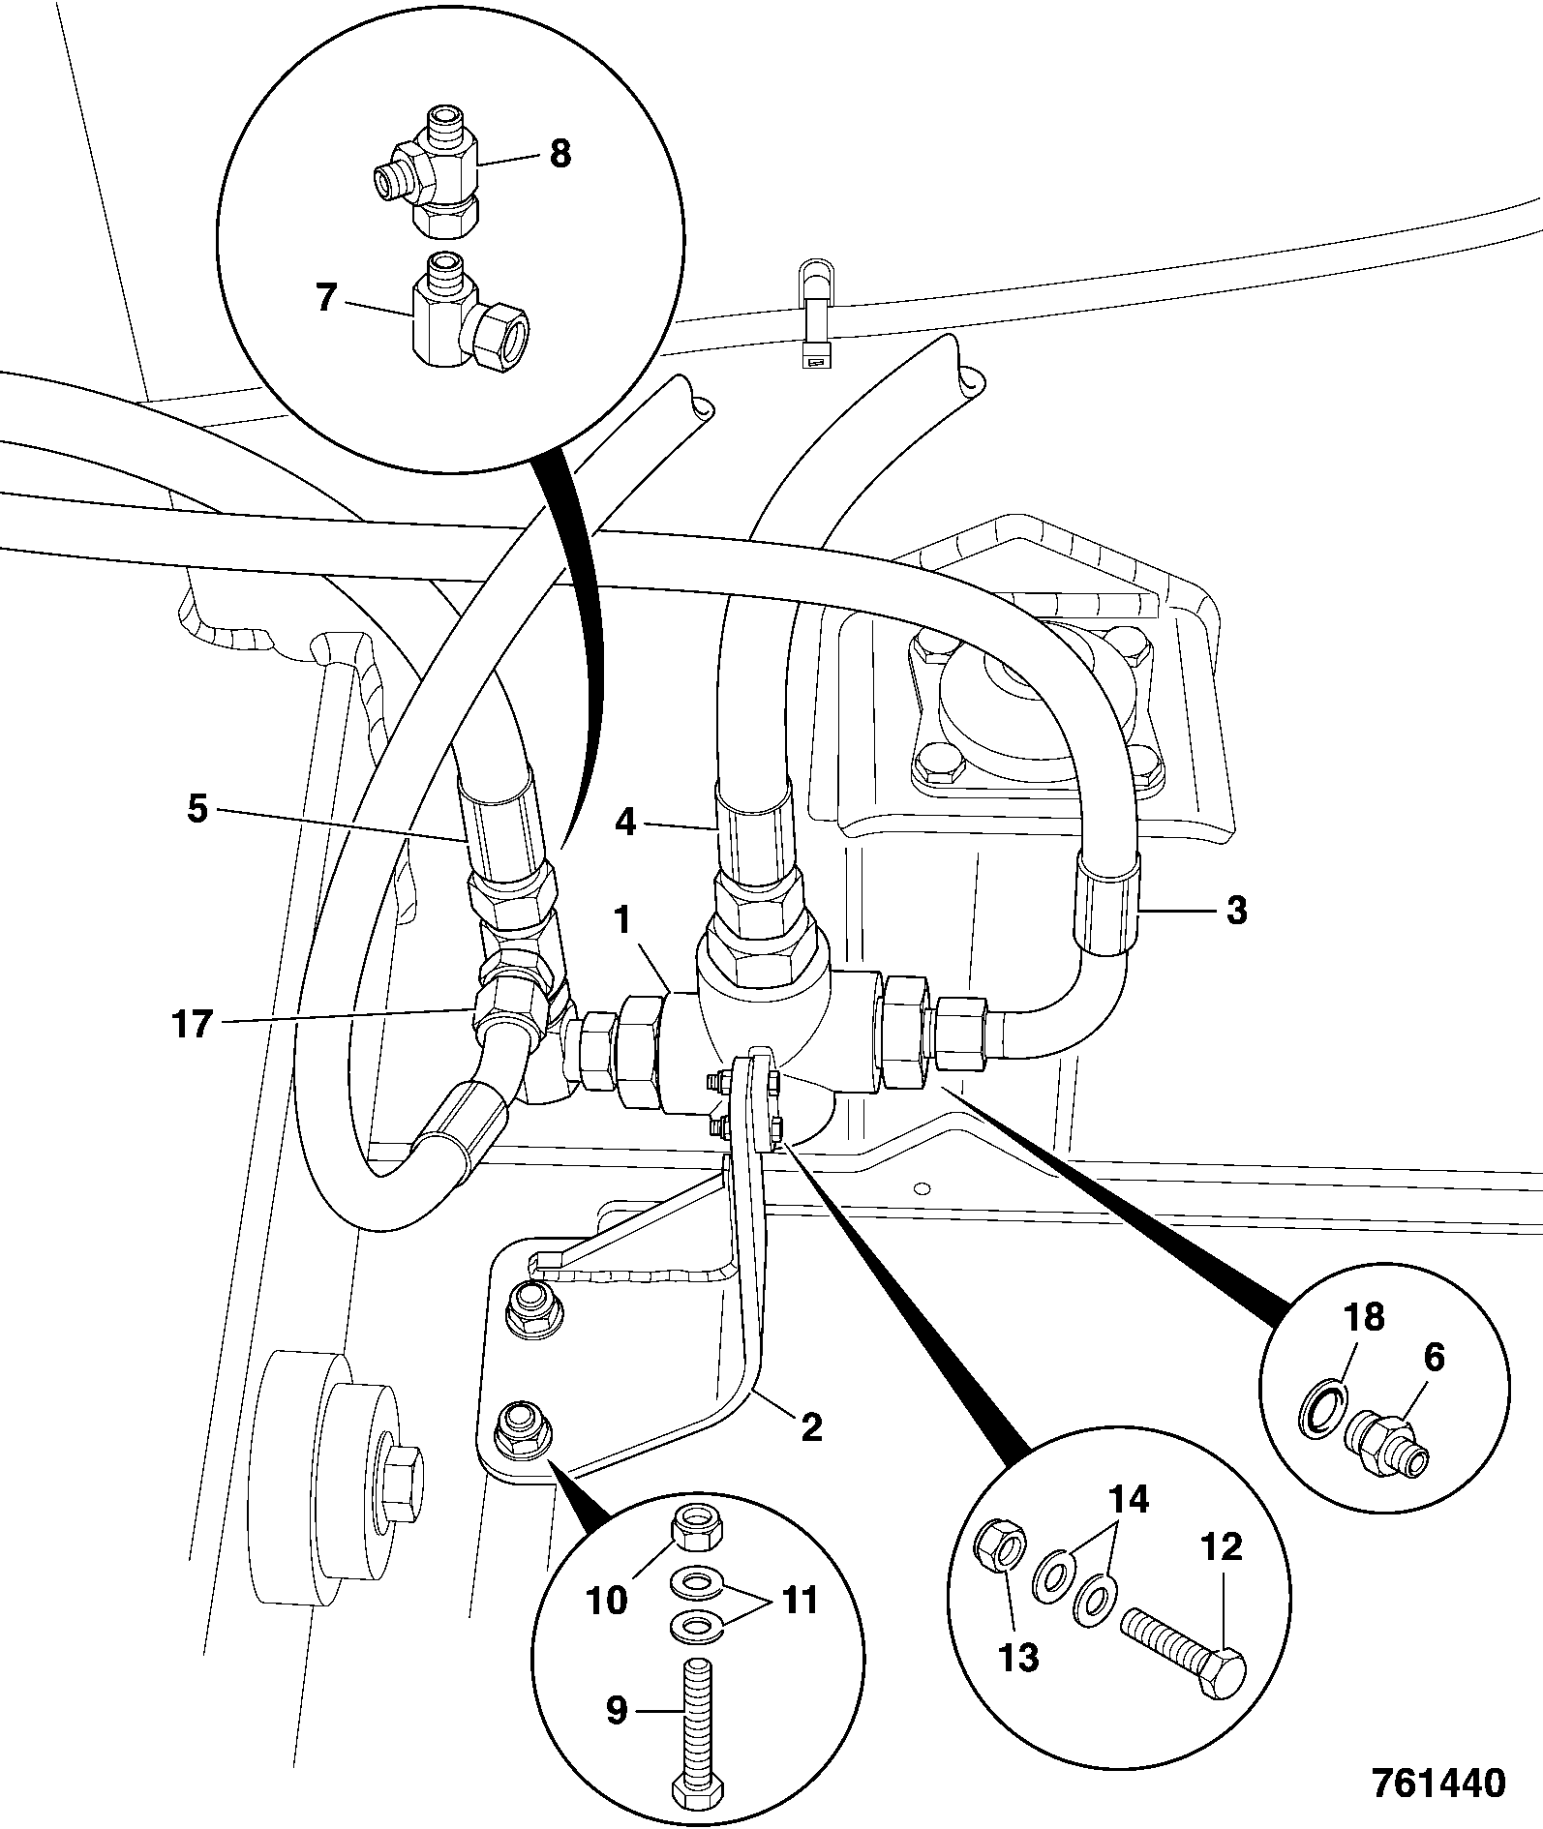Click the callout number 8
point(560,155)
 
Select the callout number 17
point(193,1023)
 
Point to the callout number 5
point(197,809)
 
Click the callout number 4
point(625,824)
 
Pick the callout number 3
point(1236,911)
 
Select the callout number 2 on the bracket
point(811,1425)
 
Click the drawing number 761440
point(1438,1782)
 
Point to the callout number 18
point(1365,1317)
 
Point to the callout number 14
point(1129,1499)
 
